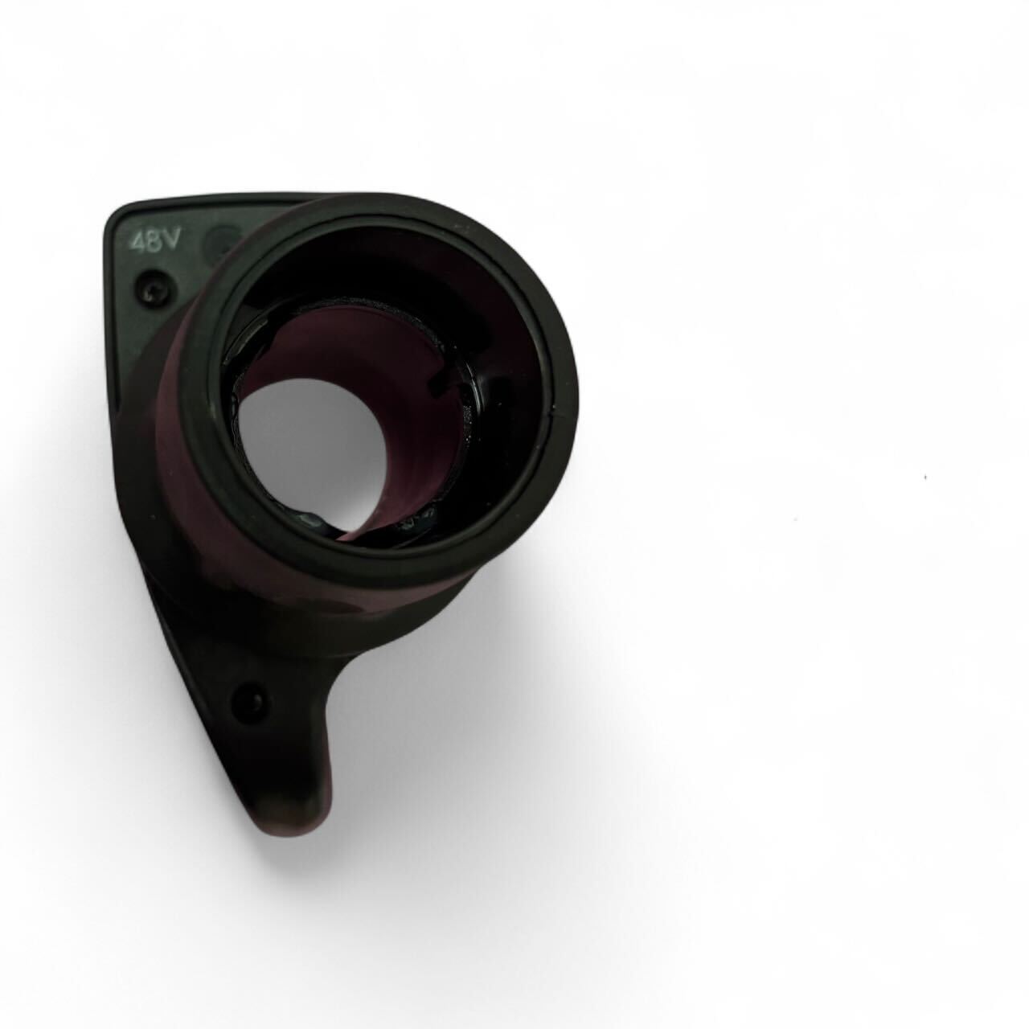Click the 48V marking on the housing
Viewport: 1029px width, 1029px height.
[x=157, y=244]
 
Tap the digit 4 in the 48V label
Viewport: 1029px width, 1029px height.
[x=140, y=244]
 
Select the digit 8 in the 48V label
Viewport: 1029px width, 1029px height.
[x=157, y=244]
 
